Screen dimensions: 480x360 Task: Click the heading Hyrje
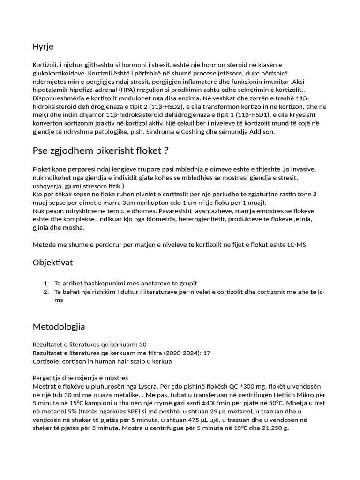pos(43,46)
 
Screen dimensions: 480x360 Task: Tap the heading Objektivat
pos(52,262)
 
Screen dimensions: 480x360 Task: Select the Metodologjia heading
pos(59,326)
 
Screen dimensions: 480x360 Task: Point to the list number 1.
pos(46,284)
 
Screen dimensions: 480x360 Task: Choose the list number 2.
pos(46,292)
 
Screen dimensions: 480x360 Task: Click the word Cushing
pos(202,132)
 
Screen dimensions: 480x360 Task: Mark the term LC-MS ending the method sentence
pos(297,245)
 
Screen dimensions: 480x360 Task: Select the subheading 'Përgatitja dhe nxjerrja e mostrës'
pos(80,378)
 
